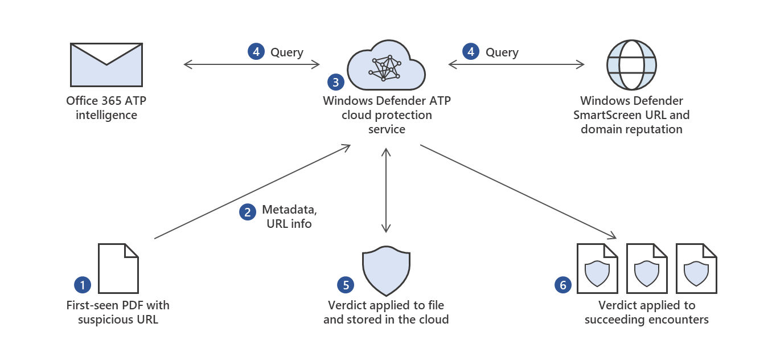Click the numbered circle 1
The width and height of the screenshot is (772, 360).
point(83,284)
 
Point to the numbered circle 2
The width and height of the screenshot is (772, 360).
point(247,212)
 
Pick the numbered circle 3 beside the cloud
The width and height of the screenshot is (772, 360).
point(336,82)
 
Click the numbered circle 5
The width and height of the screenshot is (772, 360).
point(345,284)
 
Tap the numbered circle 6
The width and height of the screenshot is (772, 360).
point(563,285)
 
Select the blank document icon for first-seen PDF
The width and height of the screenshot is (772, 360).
point(118,268)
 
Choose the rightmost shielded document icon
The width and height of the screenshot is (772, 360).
point(696,268)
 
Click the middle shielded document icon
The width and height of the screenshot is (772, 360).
point(647,268)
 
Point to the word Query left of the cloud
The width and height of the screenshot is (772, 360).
point(287,52)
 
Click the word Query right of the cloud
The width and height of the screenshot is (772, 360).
point(502,52)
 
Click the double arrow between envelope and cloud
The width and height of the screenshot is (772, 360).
point(252,65)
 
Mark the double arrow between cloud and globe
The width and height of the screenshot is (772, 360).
point(516,65)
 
